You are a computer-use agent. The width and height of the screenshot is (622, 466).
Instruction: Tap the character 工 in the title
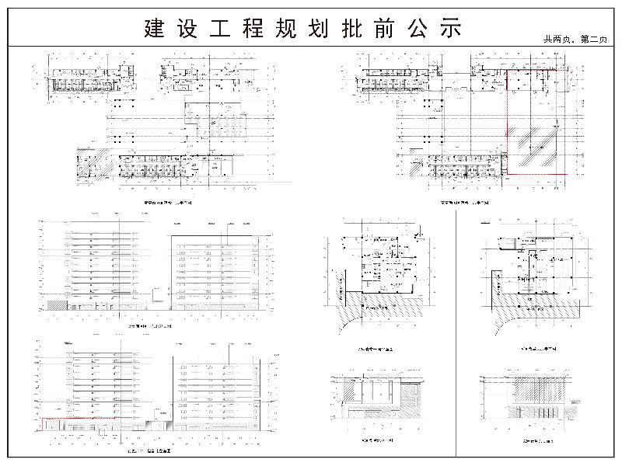click(x=220, y=29)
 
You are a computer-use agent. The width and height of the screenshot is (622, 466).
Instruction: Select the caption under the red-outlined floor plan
click(x=465, y=203)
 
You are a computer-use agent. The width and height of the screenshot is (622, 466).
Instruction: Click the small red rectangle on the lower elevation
click(x=78, y=423)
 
